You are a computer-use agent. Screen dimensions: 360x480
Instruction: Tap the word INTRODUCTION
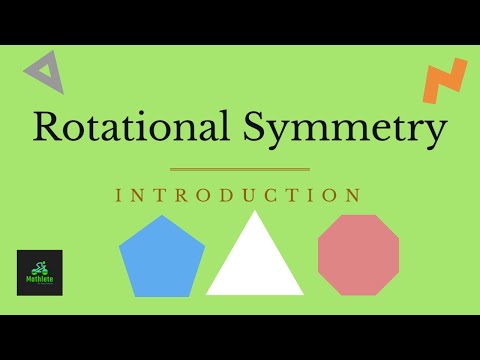click(x=238, y=194)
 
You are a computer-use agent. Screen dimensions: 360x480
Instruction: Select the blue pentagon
click(x=161, y=258)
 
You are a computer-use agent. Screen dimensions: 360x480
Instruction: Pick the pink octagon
click(x=358, y=255)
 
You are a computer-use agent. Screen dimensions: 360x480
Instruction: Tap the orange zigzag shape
click(x=444, y=81)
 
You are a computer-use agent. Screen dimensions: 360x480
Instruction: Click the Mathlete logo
click(x=40, y=272)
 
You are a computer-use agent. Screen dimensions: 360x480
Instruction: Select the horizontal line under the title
click(x=240, y=169)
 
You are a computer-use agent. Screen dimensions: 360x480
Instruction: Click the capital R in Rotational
click(x=47, y=128)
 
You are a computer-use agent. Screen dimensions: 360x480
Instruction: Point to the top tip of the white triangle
click(x=256, y=212)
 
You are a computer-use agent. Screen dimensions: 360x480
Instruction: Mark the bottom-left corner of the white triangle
click(x=208, y=293)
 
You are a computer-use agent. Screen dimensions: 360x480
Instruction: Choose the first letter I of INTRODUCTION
click(x=119, y=194)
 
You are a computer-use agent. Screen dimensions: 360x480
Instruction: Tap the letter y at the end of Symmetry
click(x=435, y=132)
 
